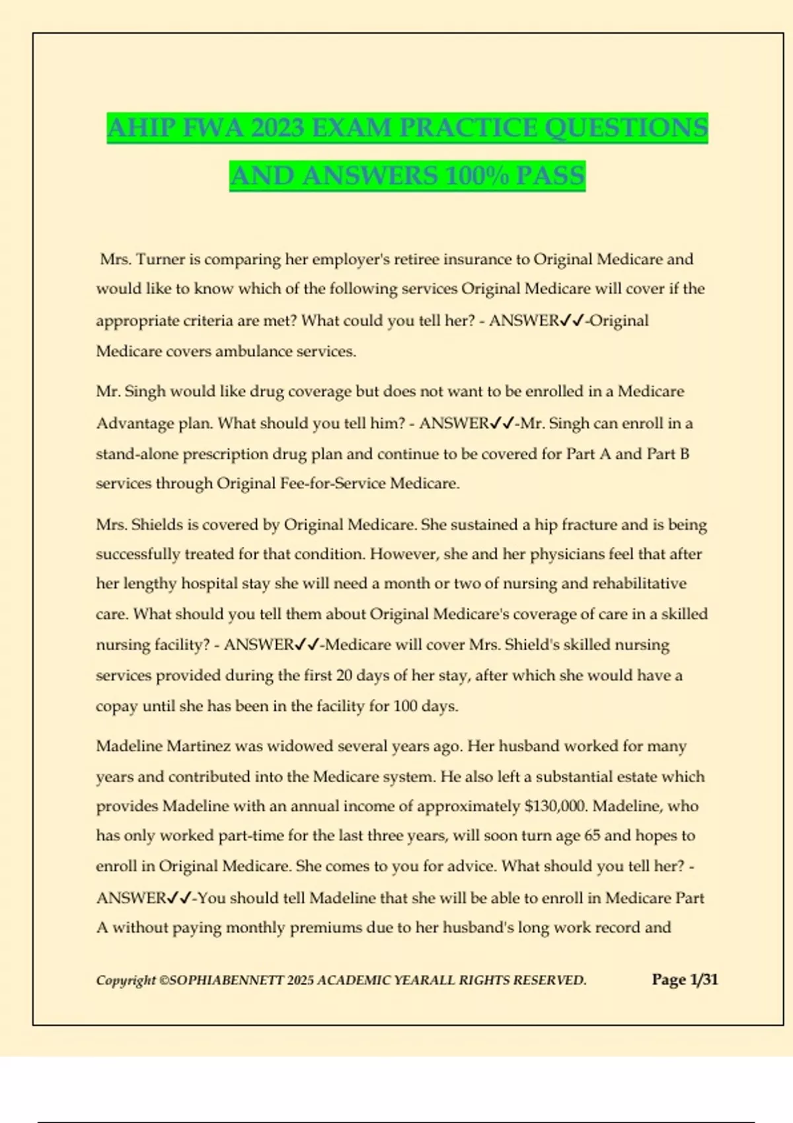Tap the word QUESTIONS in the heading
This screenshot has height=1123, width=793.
(x=626, y=127)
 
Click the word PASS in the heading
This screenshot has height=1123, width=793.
(x=550, y=176)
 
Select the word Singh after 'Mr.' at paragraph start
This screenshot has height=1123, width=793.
(x=145, y=391)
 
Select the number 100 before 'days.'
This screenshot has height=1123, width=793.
(x=405, y=706)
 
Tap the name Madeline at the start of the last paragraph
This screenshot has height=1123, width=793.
(x=129, y=746)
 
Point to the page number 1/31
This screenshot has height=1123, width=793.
(x=703, y=980)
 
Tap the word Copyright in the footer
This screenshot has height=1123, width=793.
(x=126, y=980)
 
